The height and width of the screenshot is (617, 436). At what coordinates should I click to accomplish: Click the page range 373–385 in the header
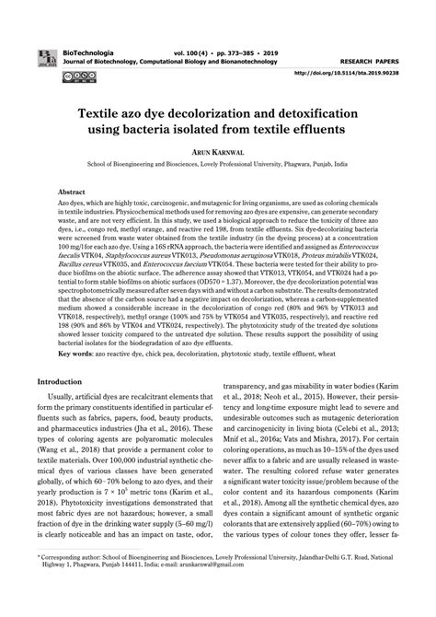tap(250, 31)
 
